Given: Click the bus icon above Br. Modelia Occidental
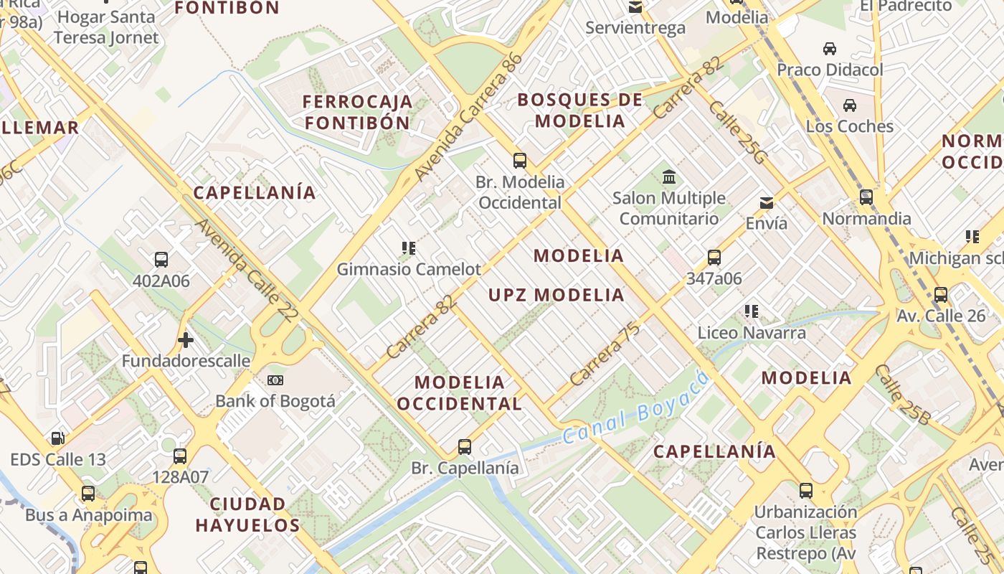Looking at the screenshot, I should click(x=520, y=161).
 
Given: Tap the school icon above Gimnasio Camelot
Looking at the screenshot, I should click(x=409, y=248).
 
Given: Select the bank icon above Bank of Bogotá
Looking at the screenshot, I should click(x=275, y=380).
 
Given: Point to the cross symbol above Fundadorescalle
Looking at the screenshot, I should click(x=186, y=339).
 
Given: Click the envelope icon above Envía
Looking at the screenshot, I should click(x=767, y=202).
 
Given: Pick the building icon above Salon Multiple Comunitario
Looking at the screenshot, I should click(x=669, y=177).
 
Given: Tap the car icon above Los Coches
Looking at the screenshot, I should click(x=850, y=105).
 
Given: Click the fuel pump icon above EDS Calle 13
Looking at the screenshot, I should click(x=57, y=438).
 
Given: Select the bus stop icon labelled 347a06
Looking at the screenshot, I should click(x=714, y=258).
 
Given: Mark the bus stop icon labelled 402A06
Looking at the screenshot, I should click(x=161, y=260).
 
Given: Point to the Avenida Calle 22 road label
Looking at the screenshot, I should click(x=245, y=270).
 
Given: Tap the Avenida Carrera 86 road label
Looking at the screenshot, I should click(x=468, y=118).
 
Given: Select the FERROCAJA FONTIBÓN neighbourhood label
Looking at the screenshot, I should click(x=357, y=112).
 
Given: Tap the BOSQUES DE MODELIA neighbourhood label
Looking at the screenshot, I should click(x=580, y=110).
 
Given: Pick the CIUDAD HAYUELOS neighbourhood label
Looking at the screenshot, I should click(x=248, y=514).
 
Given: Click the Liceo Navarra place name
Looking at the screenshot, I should click(x=752, y=333).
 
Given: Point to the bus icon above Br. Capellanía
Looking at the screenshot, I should click(x=465, y=447).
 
